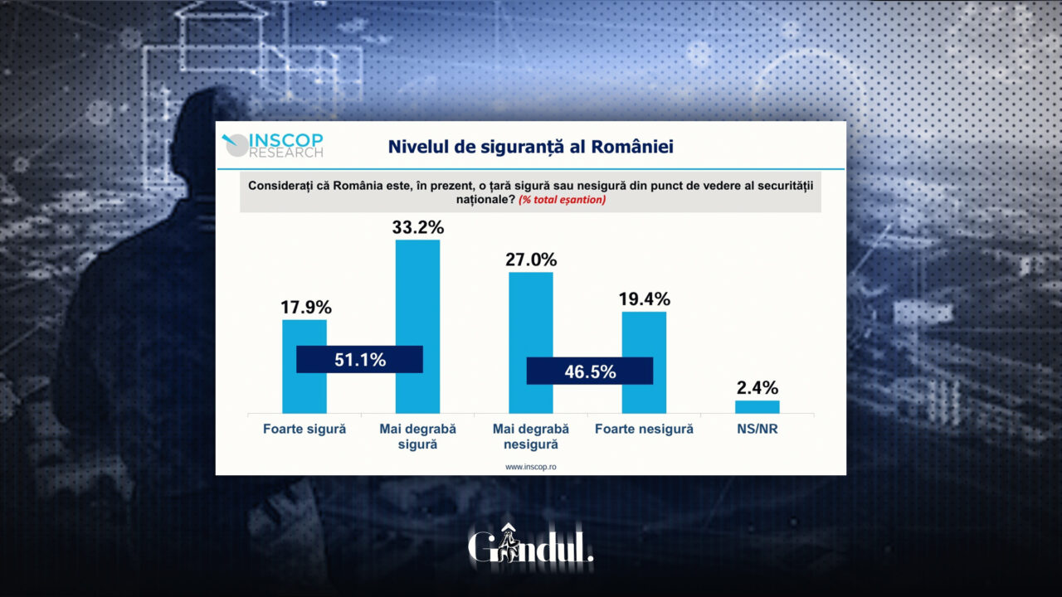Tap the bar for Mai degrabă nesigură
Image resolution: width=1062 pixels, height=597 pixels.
pos(530,315)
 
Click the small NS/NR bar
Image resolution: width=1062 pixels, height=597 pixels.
pos(757,406)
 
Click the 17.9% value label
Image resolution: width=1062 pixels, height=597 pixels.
pos(304,307)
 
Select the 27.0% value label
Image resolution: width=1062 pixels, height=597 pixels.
pos(530,260)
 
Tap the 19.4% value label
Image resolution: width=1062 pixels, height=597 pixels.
pos(644,298)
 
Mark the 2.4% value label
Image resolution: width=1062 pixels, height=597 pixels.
pos(757,387)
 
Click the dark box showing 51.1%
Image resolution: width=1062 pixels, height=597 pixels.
pos(360,360)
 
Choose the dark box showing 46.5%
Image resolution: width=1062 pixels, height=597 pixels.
pos(590,371)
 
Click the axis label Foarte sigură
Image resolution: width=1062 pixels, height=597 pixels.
pos(304,430)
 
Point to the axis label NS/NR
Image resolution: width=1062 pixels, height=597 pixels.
pos(757,430)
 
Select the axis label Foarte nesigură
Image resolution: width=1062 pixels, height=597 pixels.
pos(644,430)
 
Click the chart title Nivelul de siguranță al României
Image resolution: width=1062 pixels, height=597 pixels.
pos(531,147)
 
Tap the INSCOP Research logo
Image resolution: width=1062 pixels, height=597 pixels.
pos(274,145)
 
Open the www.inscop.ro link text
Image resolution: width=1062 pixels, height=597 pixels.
pos(531,467)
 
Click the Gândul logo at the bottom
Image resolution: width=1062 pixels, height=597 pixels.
pos(531,546)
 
